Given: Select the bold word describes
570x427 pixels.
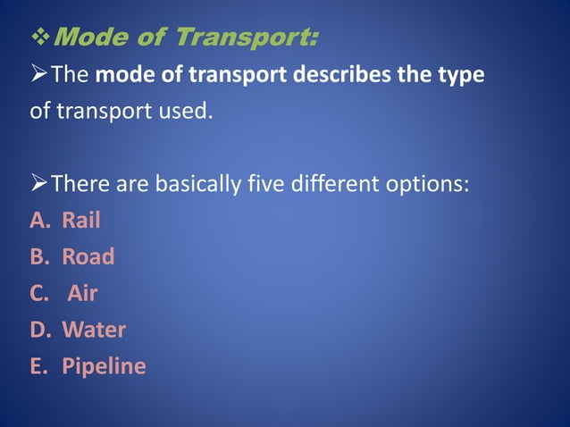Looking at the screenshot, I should (x=335, y=74).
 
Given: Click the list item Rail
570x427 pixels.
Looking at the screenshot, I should (x=80, y=221).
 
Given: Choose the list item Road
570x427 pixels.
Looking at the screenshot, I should (x=88, y=257).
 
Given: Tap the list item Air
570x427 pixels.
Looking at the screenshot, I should (x=83, y=293).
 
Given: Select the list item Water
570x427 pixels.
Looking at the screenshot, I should (x=94, y=330).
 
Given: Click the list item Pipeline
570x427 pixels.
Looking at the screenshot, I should (x=104, y=366).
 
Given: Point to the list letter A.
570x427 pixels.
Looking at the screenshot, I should (x=38, y=221).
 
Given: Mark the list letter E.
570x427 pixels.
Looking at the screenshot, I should (x=38, y=366).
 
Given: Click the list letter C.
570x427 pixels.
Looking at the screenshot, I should (x=38, y=293).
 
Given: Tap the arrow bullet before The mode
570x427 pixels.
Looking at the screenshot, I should (x=39, y=74).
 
